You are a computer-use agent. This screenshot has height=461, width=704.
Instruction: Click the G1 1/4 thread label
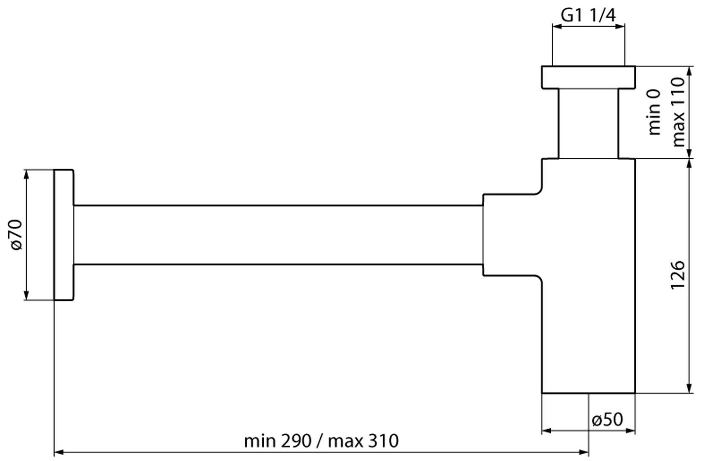588,15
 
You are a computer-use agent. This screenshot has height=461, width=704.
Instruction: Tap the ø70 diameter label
16,235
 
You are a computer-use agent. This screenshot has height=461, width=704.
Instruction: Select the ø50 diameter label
608,420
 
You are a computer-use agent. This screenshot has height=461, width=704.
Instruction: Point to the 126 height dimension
677,275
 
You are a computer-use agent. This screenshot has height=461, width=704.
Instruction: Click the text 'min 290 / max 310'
321,441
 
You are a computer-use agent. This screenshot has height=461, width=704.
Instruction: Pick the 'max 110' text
678,112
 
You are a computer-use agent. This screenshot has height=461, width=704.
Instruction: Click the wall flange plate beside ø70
64,235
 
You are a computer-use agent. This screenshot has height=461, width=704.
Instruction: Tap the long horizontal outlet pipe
277,235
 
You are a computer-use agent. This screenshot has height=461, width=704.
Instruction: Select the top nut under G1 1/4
588,77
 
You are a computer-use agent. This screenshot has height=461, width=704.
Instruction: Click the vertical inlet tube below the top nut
588,124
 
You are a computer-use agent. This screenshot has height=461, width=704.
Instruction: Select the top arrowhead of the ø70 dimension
26,174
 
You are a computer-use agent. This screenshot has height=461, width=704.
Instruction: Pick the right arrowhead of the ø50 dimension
631,431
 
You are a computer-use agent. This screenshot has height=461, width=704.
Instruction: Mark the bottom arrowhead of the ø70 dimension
26,296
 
